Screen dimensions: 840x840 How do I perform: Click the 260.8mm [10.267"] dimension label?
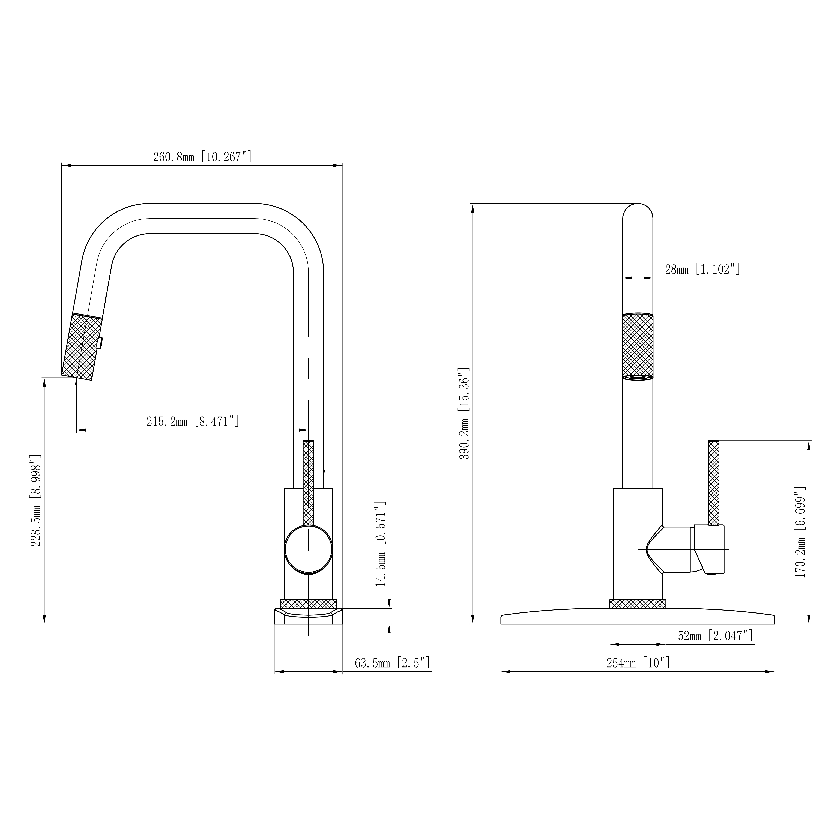point(202,157)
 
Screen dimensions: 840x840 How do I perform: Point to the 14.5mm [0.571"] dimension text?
point(381,543)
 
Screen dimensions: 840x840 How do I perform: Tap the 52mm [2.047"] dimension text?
point(715,636)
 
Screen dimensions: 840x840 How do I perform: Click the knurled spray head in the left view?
point(83,346)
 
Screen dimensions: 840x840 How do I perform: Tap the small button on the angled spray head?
point(100,343)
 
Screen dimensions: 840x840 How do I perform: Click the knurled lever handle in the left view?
point(308,483)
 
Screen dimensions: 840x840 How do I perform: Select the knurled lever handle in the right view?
point(713,483)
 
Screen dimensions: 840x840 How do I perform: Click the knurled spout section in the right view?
point(638,346)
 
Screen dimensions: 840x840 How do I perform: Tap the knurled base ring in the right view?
point(638,604)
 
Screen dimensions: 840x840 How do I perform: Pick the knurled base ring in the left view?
point(308,604)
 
